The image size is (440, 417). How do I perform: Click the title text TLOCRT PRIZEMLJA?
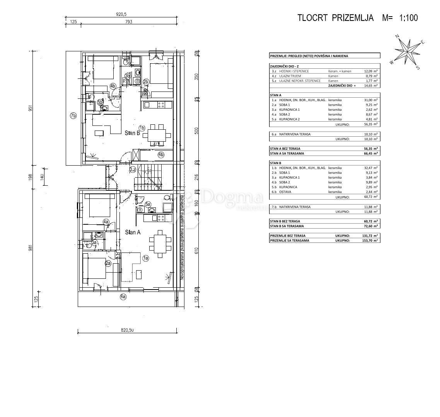335,18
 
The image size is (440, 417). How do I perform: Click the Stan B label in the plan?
132,133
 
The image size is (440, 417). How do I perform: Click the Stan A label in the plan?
132,232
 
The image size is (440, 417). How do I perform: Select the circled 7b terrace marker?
73,115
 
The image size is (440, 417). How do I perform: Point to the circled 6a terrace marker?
123,297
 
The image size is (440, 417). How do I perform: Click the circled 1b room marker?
142,128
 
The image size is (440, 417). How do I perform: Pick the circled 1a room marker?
146,258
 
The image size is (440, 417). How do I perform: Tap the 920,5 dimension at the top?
121,14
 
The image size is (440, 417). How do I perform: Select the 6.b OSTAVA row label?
285,192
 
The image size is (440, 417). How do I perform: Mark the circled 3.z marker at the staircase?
133,169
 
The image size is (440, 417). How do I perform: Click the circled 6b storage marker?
161,154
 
